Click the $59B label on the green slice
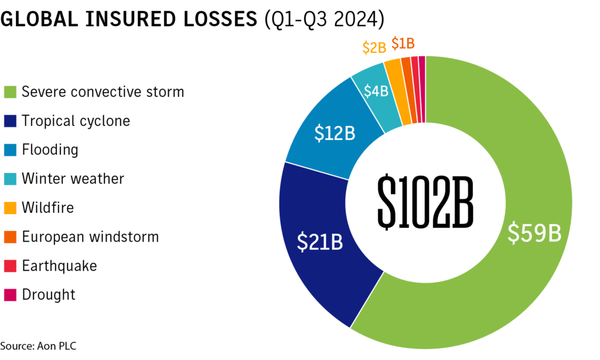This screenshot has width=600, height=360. click(534, 233)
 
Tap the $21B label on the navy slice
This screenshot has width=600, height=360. click(319, 242)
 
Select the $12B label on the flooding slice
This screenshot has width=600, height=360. click(335, 133)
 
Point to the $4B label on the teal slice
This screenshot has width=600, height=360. click(376, 91)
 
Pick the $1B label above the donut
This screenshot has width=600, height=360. click(403, 43)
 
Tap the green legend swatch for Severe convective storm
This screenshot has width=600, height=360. click(10, 92)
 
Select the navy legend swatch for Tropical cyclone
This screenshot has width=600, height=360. click(10, 121)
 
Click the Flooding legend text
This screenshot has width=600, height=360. click(50, 150)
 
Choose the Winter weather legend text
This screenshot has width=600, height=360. click(73, 178)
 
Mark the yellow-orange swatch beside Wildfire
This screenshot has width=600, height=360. click(10, 208)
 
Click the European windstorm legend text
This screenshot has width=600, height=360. click(90, 237)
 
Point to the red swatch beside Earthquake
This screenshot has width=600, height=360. click(10, 266)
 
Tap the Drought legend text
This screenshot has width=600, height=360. click(49, 294)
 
